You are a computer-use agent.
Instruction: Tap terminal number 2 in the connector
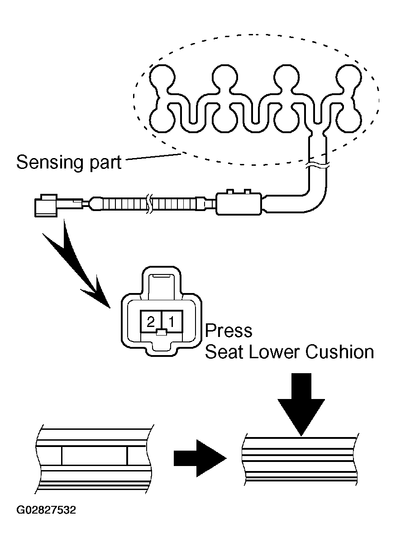coord(151,322)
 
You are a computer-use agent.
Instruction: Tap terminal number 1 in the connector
coord(172,322)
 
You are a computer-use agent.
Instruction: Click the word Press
coord(229,331)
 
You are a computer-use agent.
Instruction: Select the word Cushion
coord(340,352)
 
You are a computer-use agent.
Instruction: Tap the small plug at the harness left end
coord(46,206)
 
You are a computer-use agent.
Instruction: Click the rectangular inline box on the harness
coord(239,203)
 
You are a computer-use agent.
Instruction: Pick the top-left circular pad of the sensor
coord(162,77)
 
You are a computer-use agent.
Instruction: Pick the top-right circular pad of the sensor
coord(349,77)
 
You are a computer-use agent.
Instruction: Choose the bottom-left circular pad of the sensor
coord(162,120)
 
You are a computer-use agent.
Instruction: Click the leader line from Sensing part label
coord(153,157)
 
